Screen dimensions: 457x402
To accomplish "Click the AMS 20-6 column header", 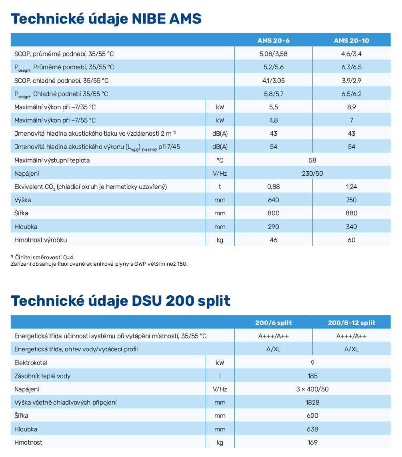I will (x=274, y=40).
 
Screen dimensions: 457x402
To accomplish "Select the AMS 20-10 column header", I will (x=351, y=40).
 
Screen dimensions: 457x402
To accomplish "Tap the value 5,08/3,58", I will (x=274, y=54).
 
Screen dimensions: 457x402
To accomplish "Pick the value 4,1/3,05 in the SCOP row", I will (x=274, y=80).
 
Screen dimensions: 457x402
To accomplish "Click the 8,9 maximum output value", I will (x=351, y=107).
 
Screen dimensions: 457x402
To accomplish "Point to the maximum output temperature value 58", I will (x=312, y=160).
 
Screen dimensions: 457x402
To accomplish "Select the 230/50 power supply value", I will (x=312, y=174).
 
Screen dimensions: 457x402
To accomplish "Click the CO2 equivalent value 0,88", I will (x=274, y=187).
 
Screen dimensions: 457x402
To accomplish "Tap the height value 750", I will (x=351, y=200).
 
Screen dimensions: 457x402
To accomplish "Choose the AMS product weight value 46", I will (x=274, y=240).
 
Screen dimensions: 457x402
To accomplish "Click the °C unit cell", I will (x=220, y=160).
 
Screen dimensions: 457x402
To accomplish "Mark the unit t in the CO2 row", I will (x=220, y=187).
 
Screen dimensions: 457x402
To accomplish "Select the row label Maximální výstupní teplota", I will (x=52, y=160).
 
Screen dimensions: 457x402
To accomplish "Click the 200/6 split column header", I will (x=274, y=323).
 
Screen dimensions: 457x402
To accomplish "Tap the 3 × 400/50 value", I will (x=312, y=389).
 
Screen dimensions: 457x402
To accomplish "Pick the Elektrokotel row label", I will (x=31, y=363).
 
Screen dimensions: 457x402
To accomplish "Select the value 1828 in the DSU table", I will (x=312, y=403).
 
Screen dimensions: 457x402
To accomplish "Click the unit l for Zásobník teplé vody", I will (x=220, y=376).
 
